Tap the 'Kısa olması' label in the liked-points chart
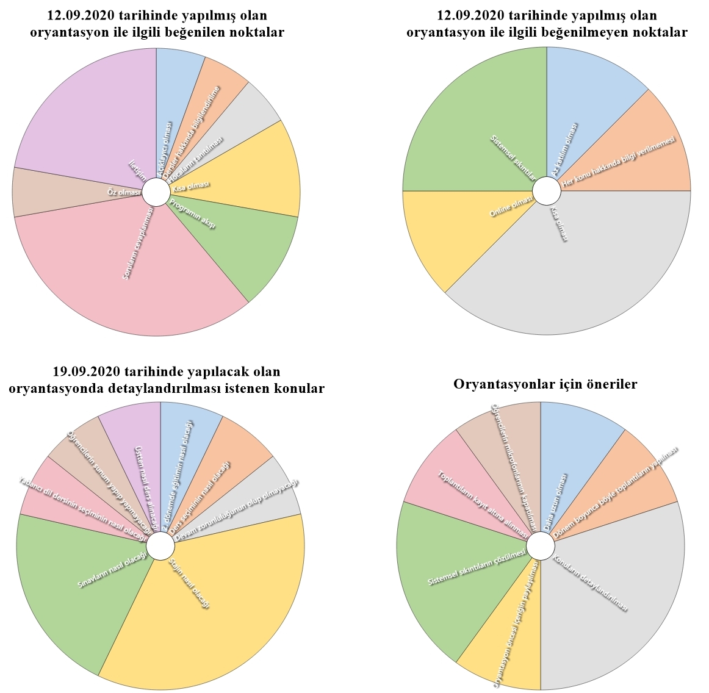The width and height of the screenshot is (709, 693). point(191,186)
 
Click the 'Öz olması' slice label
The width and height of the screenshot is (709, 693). point(124,192)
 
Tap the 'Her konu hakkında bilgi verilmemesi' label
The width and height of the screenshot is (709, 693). point(620,162)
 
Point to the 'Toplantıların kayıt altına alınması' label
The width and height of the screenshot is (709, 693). point(482,504)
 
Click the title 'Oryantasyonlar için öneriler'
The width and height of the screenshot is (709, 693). point(545,384)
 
